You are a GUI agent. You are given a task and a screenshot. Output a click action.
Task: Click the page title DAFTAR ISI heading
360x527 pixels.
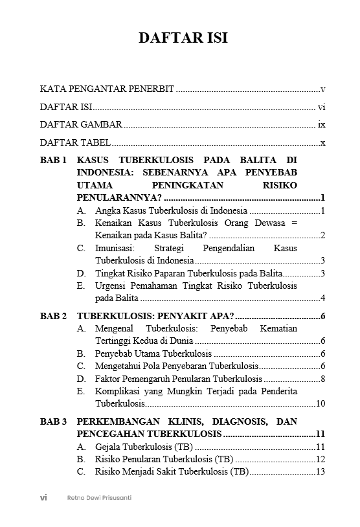tap(183, 38)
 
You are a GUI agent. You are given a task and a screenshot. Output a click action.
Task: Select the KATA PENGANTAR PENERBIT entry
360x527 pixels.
tap(107, 89)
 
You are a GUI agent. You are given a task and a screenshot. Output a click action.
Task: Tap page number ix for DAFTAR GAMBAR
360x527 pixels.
tap(321, 125)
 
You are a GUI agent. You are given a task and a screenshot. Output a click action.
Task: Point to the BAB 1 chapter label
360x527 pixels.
tap(53, 160)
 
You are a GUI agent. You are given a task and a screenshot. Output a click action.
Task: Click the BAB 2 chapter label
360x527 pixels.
tap(53, 316)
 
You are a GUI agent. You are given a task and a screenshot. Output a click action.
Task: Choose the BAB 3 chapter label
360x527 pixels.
tap(53, 421)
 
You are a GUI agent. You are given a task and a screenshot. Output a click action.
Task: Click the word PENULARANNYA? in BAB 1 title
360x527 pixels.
tap(119, 197)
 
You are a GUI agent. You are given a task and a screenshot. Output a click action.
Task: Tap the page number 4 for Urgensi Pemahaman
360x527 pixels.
tap(322, 298)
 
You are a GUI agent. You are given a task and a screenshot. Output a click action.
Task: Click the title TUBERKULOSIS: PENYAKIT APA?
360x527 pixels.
tap(155, 316)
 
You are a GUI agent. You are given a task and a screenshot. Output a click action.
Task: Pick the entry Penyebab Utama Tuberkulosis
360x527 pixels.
tap(153, 353)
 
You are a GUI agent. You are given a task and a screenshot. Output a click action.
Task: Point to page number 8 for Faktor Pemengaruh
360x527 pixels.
tap(322, 379)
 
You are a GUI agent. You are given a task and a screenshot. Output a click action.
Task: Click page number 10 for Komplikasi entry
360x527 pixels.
tap(320, 404)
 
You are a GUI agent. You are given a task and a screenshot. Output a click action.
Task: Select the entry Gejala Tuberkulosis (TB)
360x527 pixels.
tap(143, 447)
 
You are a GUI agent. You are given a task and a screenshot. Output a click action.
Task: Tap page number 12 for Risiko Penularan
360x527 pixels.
tap(320, 459)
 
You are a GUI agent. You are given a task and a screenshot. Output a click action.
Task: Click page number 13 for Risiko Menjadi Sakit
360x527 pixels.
tap(320, 472)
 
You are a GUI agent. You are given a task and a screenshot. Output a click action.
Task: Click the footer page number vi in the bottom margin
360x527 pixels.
tap(43, 498)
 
